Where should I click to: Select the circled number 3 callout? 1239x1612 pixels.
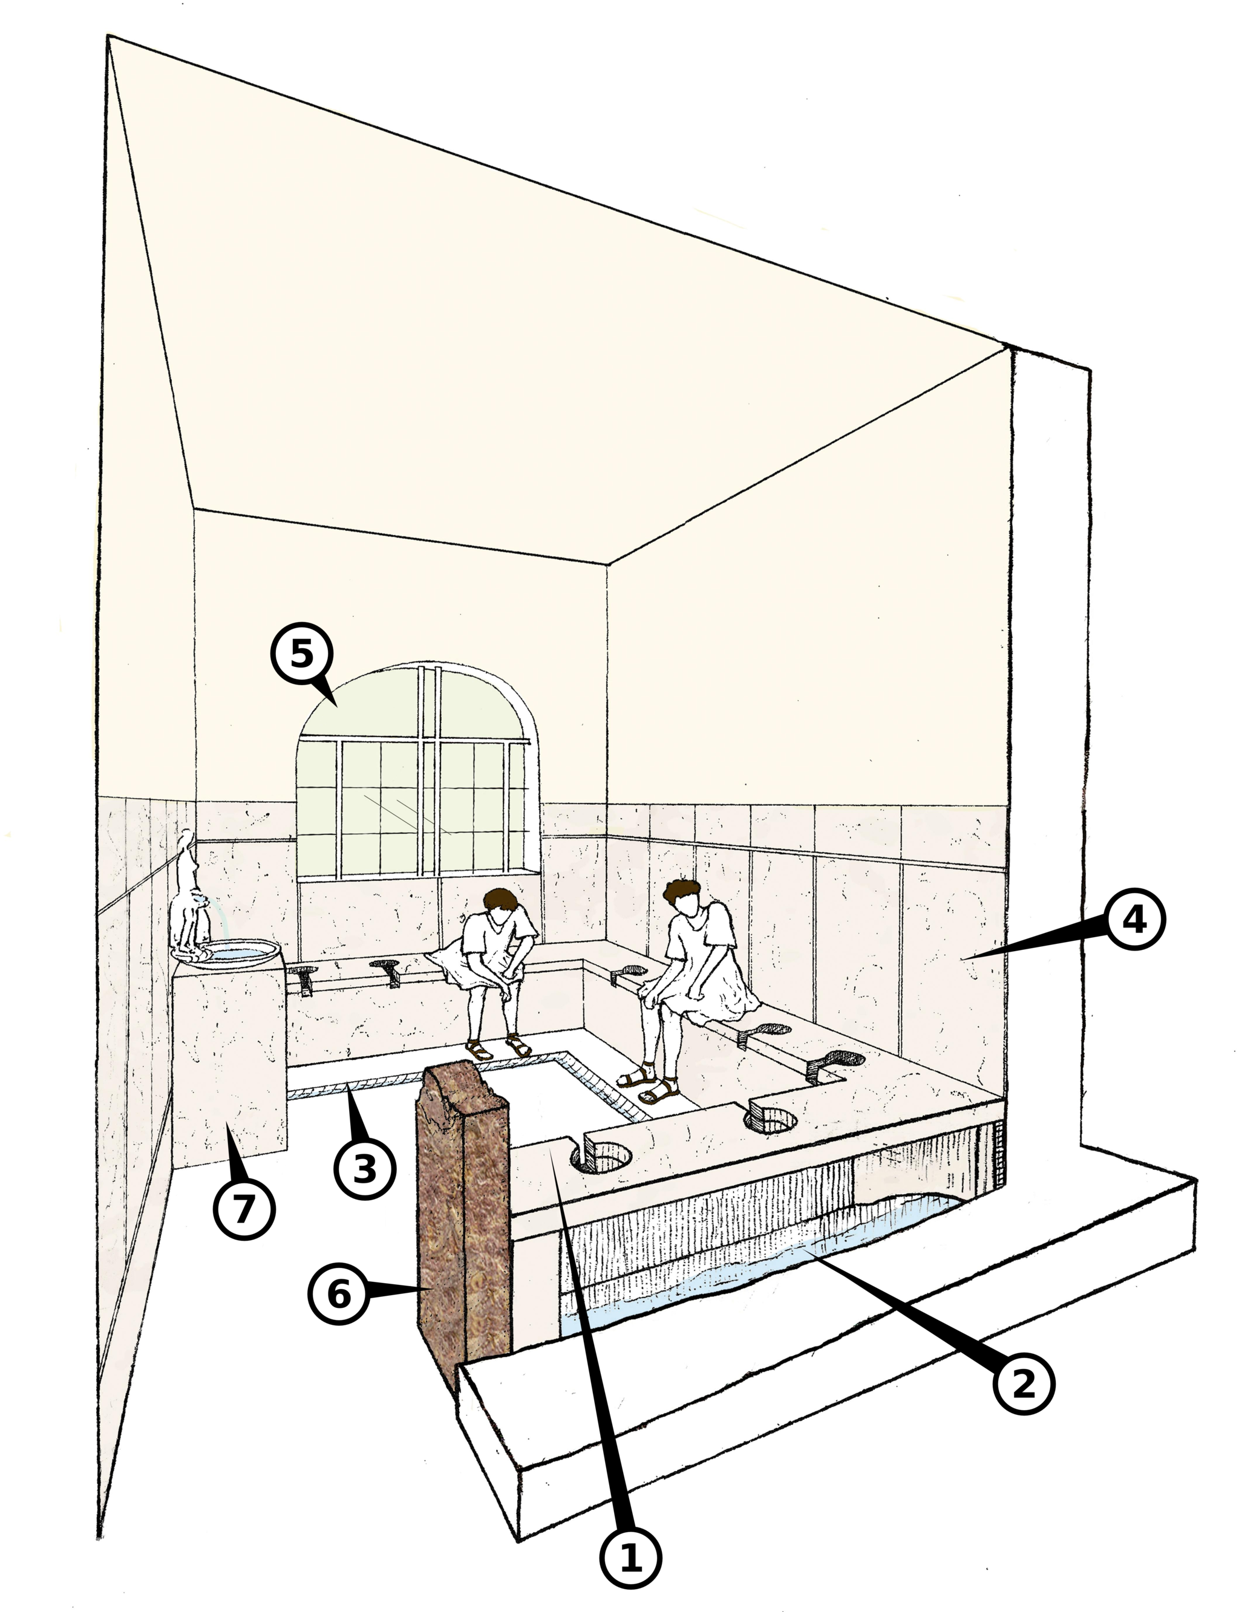click(x=364, y=1168)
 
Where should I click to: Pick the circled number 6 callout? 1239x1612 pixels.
click(x=339, y=1295)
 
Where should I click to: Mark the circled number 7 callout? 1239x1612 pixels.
click(x=244, y=1207)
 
